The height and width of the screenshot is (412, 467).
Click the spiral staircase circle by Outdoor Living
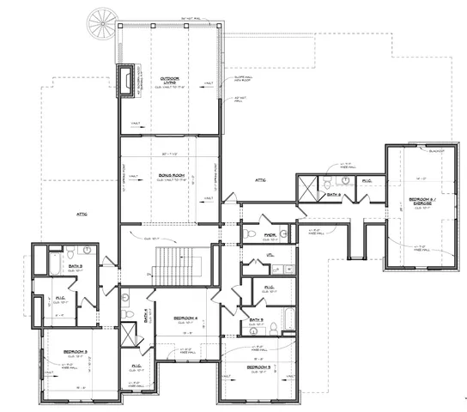click(x=102, y=21)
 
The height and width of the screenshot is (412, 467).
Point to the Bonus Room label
click(x=172, y=176)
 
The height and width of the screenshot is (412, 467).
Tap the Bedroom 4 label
click(x=186, y=318)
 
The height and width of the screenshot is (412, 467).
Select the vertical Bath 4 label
click(x=147, y=316)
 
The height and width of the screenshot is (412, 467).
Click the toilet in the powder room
click(x=247, y=233)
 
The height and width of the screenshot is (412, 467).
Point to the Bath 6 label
click(x=334, y=196)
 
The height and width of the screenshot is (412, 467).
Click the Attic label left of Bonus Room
click(x=82, y=214)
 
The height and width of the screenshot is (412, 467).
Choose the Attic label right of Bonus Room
click(x=260, y=179)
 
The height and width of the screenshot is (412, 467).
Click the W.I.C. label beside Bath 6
click(x=366, y=181)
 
